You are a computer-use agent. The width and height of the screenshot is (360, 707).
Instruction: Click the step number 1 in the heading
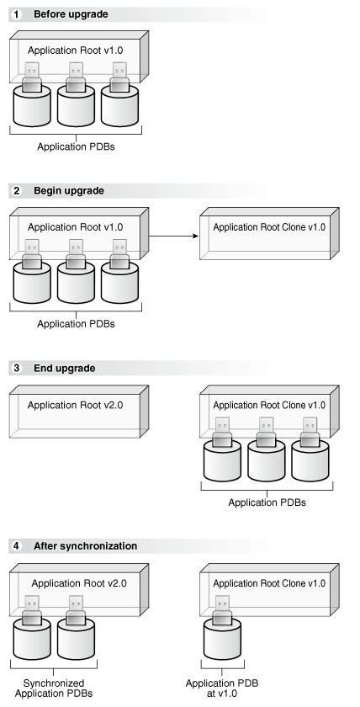click(x=16, y=14)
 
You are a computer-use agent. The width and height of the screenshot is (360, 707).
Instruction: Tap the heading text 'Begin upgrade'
click(x=69, y=191)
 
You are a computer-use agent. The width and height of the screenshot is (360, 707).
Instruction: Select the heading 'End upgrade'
click(x=64, y=368)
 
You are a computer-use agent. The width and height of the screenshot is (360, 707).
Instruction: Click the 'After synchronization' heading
click(x=85, y=546)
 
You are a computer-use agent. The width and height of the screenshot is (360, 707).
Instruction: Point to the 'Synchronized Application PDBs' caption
click(x=52, y=688)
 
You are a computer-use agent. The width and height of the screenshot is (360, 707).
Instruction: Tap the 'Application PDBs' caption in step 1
click(x=75, y=146)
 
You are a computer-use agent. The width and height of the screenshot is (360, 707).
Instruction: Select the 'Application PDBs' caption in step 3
click(x=267, y=502)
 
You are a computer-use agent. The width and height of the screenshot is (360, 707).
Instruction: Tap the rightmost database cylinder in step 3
click(x=310, y=460)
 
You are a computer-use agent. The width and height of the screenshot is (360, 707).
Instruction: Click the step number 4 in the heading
click(x=16, y=546)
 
